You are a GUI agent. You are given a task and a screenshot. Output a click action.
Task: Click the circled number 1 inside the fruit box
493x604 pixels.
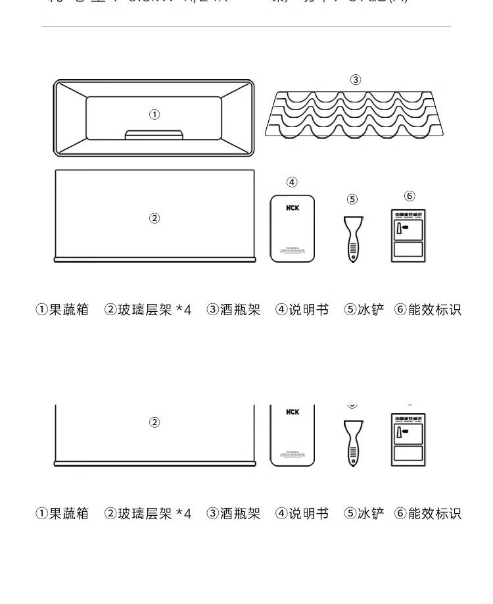154,114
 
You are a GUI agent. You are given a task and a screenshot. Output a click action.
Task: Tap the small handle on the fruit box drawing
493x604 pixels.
154,134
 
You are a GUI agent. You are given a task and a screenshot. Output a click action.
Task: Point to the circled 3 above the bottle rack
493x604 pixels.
356,80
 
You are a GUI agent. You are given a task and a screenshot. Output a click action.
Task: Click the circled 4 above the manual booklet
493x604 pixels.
293,182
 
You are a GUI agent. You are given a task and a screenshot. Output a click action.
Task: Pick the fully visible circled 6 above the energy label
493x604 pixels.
410,195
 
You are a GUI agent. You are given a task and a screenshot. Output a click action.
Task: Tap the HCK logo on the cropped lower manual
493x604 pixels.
293,412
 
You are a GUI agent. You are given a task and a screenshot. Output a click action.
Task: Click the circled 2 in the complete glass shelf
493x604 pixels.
154,218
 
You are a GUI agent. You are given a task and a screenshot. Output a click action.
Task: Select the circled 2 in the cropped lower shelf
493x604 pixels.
154,422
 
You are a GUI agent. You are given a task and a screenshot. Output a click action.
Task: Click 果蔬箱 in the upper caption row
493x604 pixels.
69,309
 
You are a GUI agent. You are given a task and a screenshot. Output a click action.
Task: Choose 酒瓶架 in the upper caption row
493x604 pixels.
241,309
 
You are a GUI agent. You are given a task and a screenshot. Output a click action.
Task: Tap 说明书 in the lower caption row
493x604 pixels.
309,513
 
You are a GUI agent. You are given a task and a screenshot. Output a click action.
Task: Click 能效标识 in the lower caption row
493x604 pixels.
434,513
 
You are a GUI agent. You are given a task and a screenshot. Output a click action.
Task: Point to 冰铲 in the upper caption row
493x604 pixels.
371,309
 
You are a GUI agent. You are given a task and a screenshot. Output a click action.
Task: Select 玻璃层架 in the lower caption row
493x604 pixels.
145,513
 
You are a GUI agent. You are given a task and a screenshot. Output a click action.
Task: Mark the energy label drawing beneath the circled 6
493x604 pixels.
408,236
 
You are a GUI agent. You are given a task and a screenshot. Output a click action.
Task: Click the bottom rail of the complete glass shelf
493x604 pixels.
154,260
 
